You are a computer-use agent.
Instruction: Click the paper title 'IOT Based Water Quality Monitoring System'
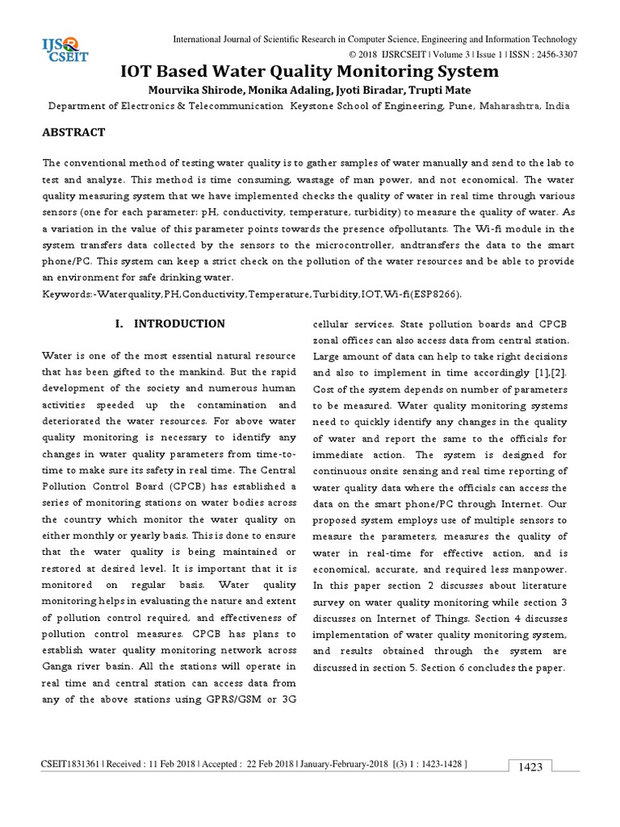(x=309, y=72)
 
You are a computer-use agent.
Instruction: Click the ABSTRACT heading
(x=75, y=132)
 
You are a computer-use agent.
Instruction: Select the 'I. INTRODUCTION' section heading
(x=170, y=324)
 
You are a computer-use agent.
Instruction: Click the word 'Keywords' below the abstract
(x=65, y=295)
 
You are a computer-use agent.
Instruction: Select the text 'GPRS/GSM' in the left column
(x=229, y=699)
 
